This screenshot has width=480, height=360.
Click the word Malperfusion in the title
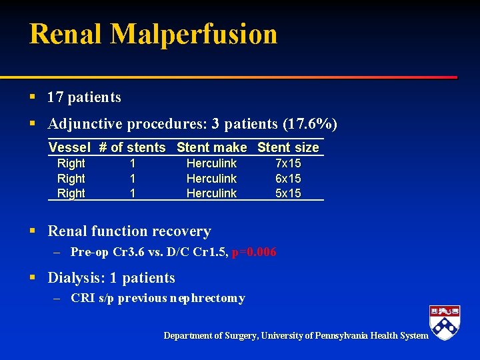click(194, 33)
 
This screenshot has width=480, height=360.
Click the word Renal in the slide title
click(65, 33)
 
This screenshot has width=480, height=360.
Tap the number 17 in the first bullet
click(55, 97)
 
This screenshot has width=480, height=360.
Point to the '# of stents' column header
click(132, 147)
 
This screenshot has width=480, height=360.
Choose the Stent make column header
click(211, 147)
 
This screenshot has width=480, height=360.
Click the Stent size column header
click(288, 147)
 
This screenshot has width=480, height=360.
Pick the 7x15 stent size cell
click(288, 163)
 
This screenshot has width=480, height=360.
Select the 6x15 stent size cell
click(288, 179)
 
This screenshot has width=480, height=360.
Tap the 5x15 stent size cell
click(288, 193)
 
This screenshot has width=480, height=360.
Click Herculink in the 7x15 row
click(211, 163)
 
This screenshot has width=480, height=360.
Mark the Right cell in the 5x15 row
click(71, 193)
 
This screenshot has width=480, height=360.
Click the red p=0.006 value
click(254, 252)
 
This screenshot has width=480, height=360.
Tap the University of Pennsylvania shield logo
click(445, 323)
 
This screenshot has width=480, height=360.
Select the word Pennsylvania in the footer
click(345, 335)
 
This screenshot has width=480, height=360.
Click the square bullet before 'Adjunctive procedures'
click(33, 125)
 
